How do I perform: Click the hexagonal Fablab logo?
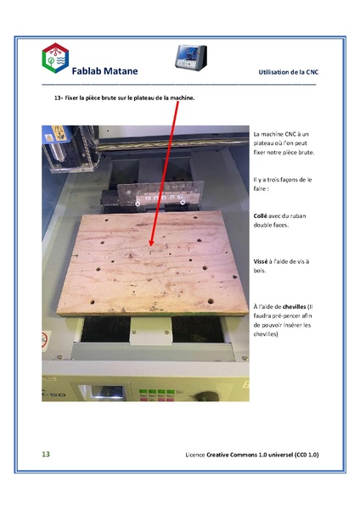point(57,59)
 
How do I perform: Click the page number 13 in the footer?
point(47,455)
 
